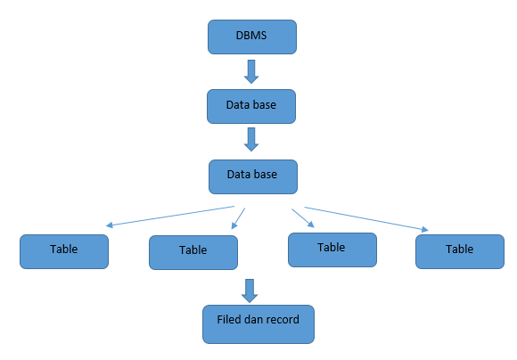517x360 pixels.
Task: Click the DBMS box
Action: (x=252, y=37)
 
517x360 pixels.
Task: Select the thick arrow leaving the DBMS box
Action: (x=251, y=71)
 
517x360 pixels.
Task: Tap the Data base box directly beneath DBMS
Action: (x=251, y=106)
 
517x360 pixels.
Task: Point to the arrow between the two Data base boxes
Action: (x=251, y=139)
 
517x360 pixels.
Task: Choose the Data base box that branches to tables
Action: (x=253, y=176)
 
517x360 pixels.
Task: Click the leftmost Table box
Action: (x=64, y=251)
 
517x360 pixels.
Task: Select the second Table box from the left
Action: (x=193, y=252)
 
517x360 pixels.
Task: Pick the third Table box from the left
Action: (x=332, y=250)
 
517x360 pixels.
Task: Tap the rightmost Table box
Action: (x=460, y=251)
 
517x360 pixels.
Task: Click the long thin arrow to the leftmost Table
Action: (x=170, y=217)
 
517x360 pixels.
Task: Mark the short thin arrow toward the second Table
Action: (x=238, y=218)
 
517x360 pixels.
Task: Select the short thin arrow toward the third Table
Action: (x=303, y=218)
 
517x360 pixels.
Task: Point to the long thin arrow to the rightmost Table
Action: (x=366, y=219)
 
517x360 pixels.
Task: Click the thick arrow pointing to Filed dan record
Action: (x=250, y=290)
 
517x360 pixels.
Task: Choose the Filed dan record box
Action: (x=258, y=324)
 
